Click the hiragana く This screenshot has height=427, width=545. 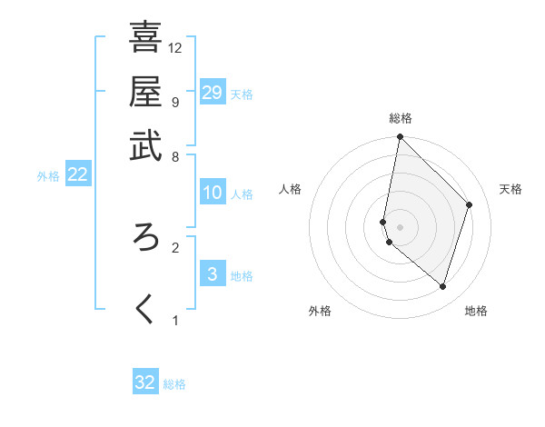pyautogui.click(x=145, y=309)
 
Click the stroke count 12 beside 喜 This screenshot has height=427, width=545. pyautogui.click(x=175, y=47)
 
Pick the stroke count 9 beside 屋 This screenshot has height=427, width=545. pyautogui.click(x=175, y=102)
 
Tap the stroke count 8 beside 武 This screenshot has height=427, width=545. pyautogui.click(x=175, y=156)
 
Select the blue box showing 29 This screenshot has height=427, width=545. pyautogui.click(x=213, y=93)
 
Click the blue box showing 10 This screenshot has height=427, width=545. pyautogui.click(x=213, y=193)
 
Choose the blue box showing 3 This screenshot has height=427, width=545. pyautogui.click(x=212, y=274)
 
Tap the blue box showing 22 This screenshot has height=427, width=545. pyautogui.click(x=77, y=175)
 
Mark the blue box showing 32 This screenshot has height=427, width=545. pyautogui.click(x=145, y=382)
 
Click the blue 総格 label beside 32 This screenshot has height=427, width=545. pyautogui.click(x=174, y=384)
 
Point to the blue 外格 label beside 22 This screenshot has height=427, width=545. pyautogui.click(x=48, y=176)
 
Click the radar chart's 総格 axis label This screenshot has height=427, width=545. pyautogui.click(x=401, y=118)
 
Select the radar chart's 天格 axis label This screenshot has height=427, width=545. pyautogui.click(x=510, y=189)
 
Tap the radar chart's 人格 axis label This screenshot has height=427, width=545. pyautogui.click(x=291, y=189)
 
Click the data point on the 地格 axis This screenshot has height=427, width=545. pyautogui.click(x=442, y=286)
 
